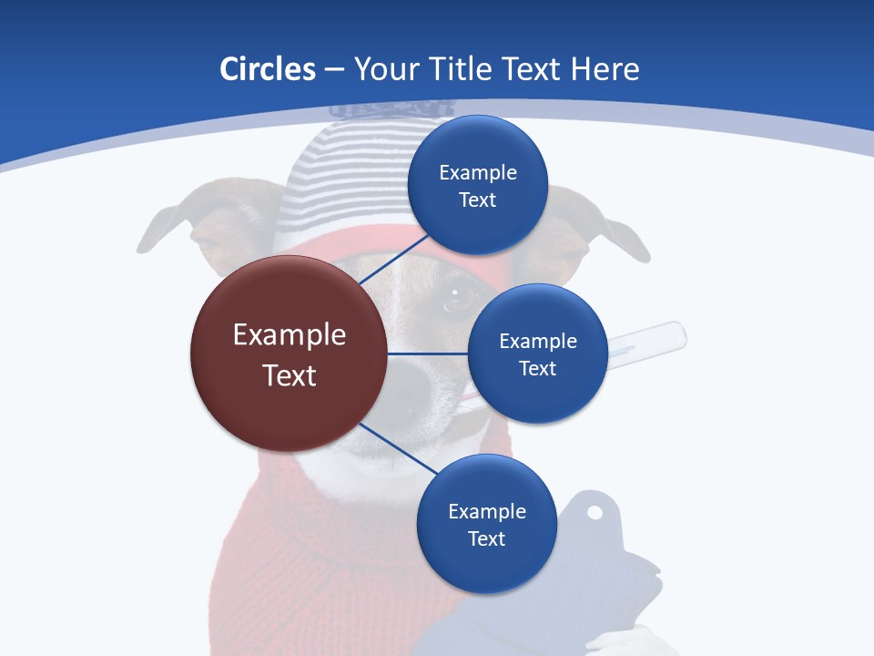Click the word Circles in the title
tap(267, 69)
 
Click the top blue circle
tap(478, 185)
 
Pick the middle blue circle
tap(537, 354)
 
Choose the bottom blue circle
tap(486, 524)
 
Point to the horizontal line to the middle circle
tap(428, 354)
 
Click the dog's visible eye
tap(461, 296)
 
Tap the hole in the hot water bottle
tap(595, 513)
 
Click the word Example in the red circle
tap(290, 334)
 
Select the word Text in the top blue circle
tap(477, 200)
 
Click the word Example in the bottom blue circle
tap(486, 511)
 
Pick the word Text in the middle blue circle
tap(537, 368)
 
